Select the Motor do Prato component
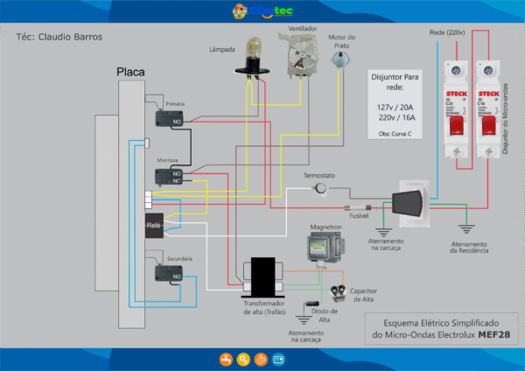(x=339, y=59)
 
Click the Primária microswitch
(x=169, y=118)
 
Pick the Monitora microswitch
(x=169, y=178)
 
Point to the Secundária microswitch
(x=169, y=274)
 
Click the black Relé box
(x=155, y=225)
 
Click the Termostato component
(x=323, y=188)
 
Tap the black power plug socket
(x=408, y=204)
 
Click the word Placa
(x=131, y=72)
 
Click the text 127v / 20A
(x=395, y=107)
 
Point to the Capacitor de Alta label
(x=363, y=295)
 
